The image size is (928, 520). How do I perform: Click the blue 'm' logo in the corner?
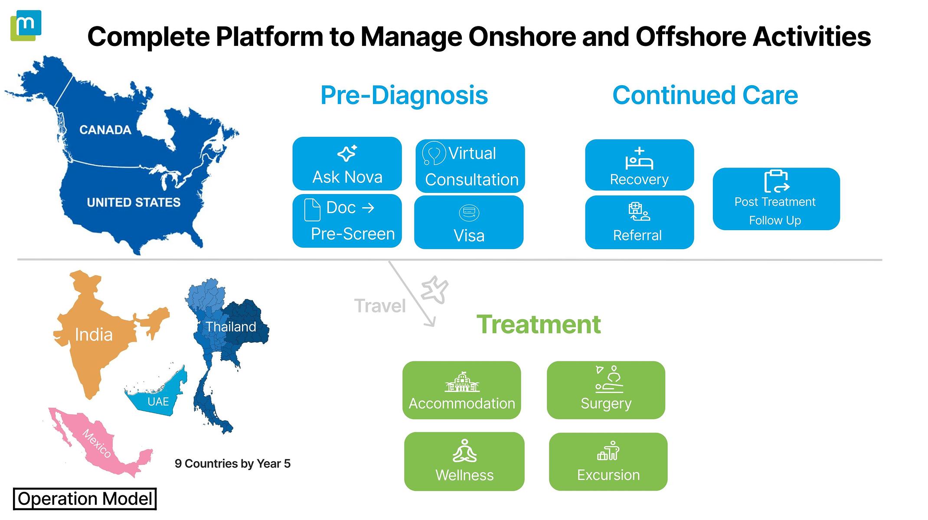point(26,25)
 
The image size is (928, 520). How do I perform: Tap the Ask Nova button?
point(347,164)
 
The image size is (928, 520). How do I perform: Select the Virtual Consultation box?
point(470,166)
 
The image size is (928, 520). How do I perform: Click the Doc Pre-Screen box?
point(347,221)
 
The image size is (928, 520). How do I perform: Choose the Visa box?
point(469,222)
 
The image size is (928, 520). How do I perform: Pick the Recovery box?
point(639,165)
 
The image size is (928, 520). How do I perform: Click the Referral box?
point(639,222)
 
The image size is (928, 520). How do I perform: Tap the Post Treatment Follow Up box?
point(776,199)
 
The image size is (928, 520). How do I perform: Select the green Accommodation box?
point(461,390)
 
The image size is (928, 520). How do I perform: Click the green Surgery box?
point(606,390)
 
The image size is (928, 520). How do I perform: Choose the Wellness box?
point(464,461)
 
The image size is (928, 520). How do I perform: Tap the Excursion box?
point(608,461)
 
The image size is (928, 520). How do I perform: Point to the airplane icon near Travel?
point(435,289)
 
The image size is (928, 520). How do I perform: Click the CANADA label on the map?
point(105,130)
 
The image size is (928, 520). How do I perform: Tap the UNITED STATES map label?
point(134,202)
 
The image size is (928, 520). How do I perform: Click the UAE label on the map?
point(158,402)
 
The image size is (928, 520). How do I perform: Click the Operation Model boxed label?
point(85,499)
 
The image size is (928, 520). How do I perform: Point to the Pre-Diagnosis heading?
point(404,95)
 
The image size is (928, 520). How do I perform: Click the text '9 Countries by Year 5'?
point(232,464)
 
